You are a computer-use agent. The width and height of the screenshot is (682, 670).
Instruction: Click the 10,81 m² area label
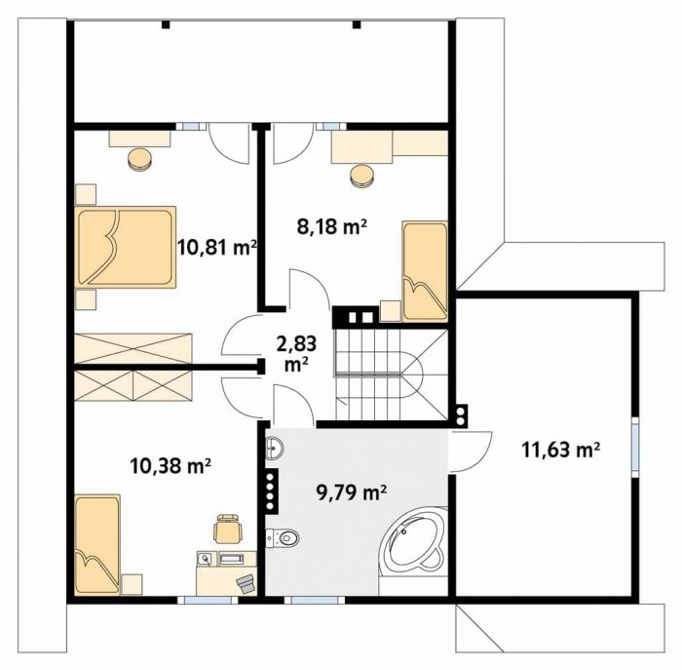(x=216, y=248)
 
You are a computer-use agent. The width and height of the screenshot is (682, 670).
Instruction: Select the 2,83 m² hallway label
(x=296, y=353)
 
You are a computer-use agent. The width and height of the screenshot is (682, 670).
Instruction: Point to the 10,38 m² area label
(x=170, y=466)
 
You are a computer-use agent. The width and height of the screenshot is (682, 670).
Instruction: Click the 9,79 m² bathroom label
(x=352, y=493)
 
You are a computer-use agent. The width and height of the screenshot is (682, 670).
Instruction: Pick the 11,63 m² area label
(x=560, y=450)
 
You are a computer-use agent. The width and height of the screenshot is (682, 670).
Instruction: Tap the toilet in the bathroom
(x=283, y=538)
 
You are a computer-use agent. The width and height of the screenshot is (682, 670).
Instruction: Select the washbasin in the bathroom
(x=275, y=447)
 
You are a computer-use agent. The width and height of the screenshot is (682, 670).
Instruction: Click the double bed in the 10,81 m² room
(x=126, y=247)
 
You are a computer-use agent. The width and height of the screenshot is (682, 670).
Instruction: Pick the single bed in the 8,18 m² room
(x=425, y=271)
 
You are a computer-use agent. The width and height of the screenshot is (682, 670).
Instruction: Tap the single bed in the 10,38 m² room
(x=97, y=544)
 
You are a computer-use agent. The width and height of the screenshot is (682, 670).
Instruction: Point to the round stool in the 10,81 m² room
(x=140, y=160)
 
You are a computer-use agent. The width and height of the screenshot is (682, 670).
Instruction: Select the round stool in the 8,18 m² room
(x=361, y=177)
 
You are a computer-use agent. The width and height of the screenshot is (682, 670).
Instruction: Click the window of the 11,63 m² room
(x=635, y=444)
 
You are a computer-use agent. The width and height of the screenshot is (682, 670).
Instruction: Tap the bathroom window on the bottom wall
(x=315, y=601)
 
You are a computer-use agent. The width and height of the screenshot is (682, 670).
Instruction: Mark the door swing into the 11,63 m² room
(x=471, y=452)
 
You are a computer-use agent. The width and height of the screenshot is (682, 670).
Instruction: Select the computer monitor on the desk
(x=233, y=558)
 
